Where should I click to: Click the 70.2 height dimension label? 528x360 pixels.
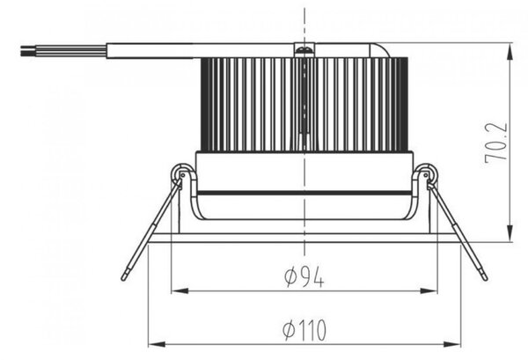496,143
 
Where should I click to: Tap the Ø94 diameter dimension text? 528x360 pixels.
304,276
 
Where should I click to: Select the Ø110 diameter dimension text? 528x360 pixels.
304,330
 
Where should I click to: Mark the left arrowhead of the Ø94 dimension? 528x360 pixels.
180,291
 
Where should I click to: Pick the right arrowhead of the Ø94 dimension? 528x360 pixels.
429,291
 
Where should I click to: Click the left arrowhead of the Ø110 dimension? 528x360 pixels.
157,344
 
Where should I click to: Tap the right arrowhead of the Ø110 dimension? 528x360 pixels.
452,344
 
